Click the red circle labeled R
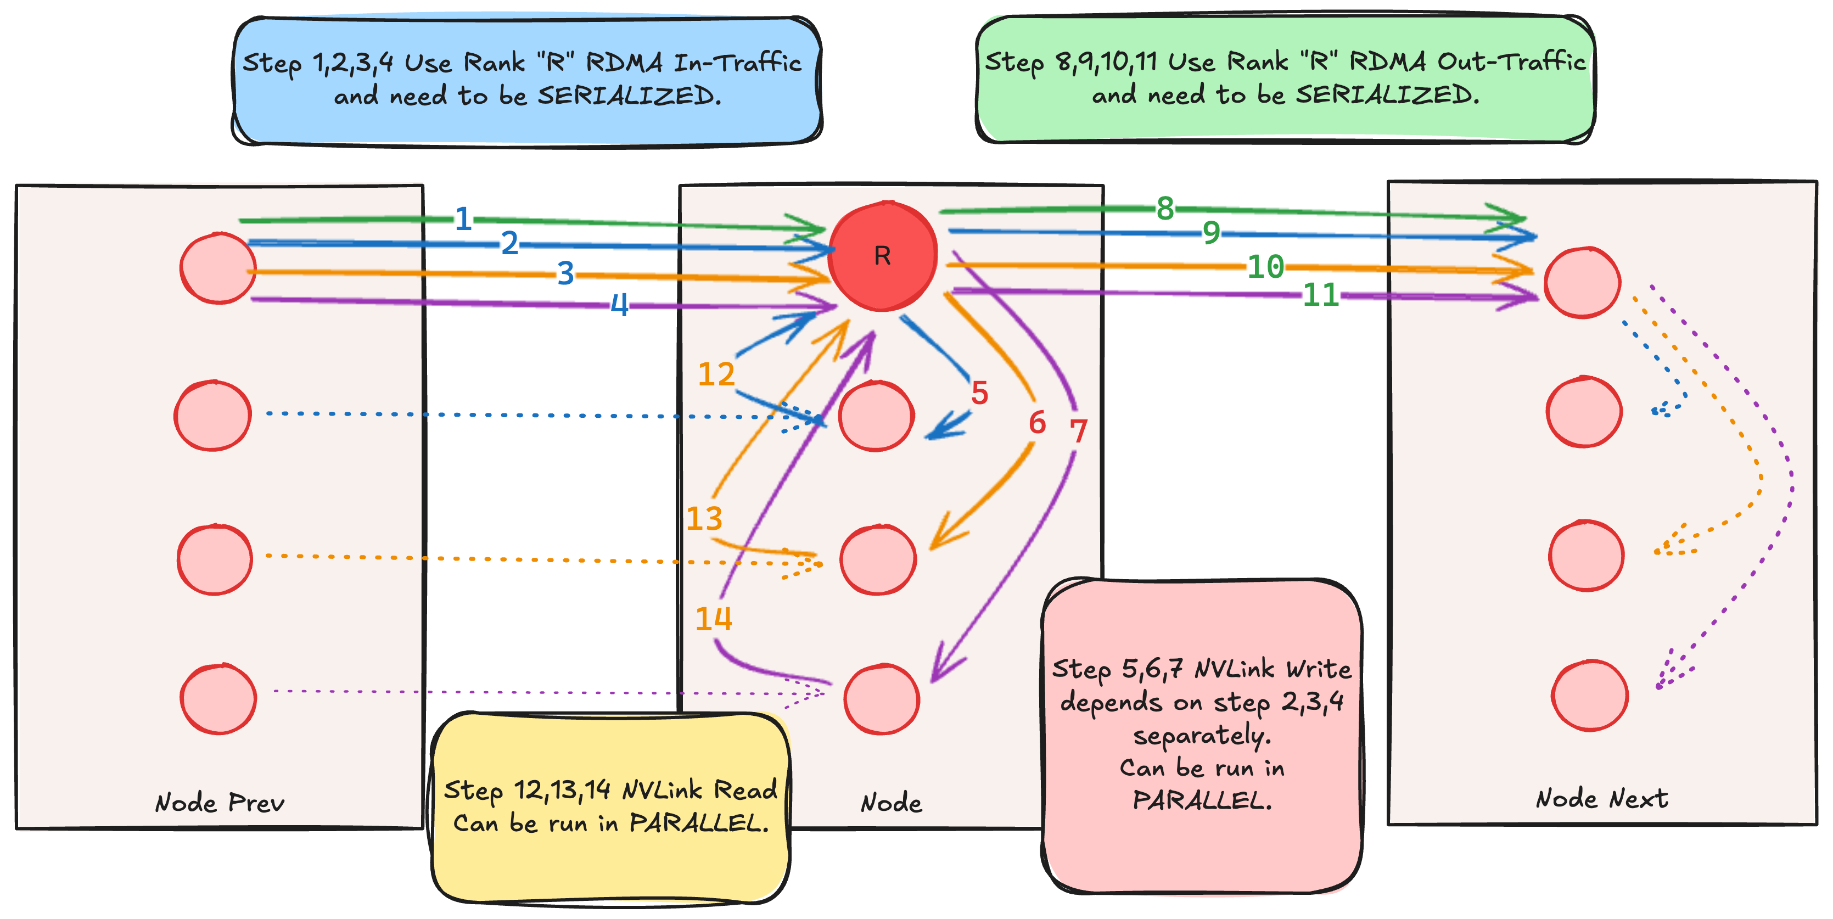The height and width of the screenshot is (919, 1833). pyautogui.click(x=882, y=256)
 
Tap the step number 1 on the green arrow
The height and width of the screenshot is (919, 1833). pyautogui.click(x=463, y=218)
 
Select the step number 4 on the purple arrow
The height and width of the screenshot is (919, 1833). pyautogui.click(x=620, y=305)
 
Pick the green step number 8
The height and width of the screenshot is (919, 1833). pyautogui.click(x=1165, y=209)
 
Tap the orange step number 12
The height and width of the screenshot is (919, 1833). pyautogui.click(x=716, y=374)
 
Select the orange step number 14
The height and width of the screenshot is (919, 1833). pyautogui.click(x=714, y=619)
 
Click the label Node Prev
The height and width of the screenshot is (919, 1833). pyautogui.click(x=220, y=803)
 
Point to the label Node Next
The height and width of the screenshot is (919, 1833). pyautogui.click(x=1602, y=799)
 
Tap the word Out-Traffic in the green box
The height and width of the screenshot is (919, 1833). pyautogui.click(x=1511, y=62)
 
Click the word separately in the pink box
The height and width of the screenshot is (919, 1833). pyautogui.click(x=1202, y=735)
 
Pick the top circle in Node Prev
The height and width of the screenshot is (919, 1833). pyautogui.click(x=218, y=268)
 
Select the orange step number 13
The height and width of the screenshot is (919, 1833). pyautogui.click(x=704, y=518)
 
